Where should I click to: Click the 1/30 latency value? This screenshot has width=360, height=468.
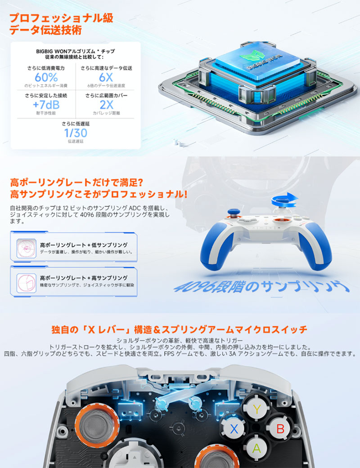click(x=76, y=133)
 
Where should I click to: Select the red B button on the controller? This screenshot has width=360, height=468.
click(x=280, y=428)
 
